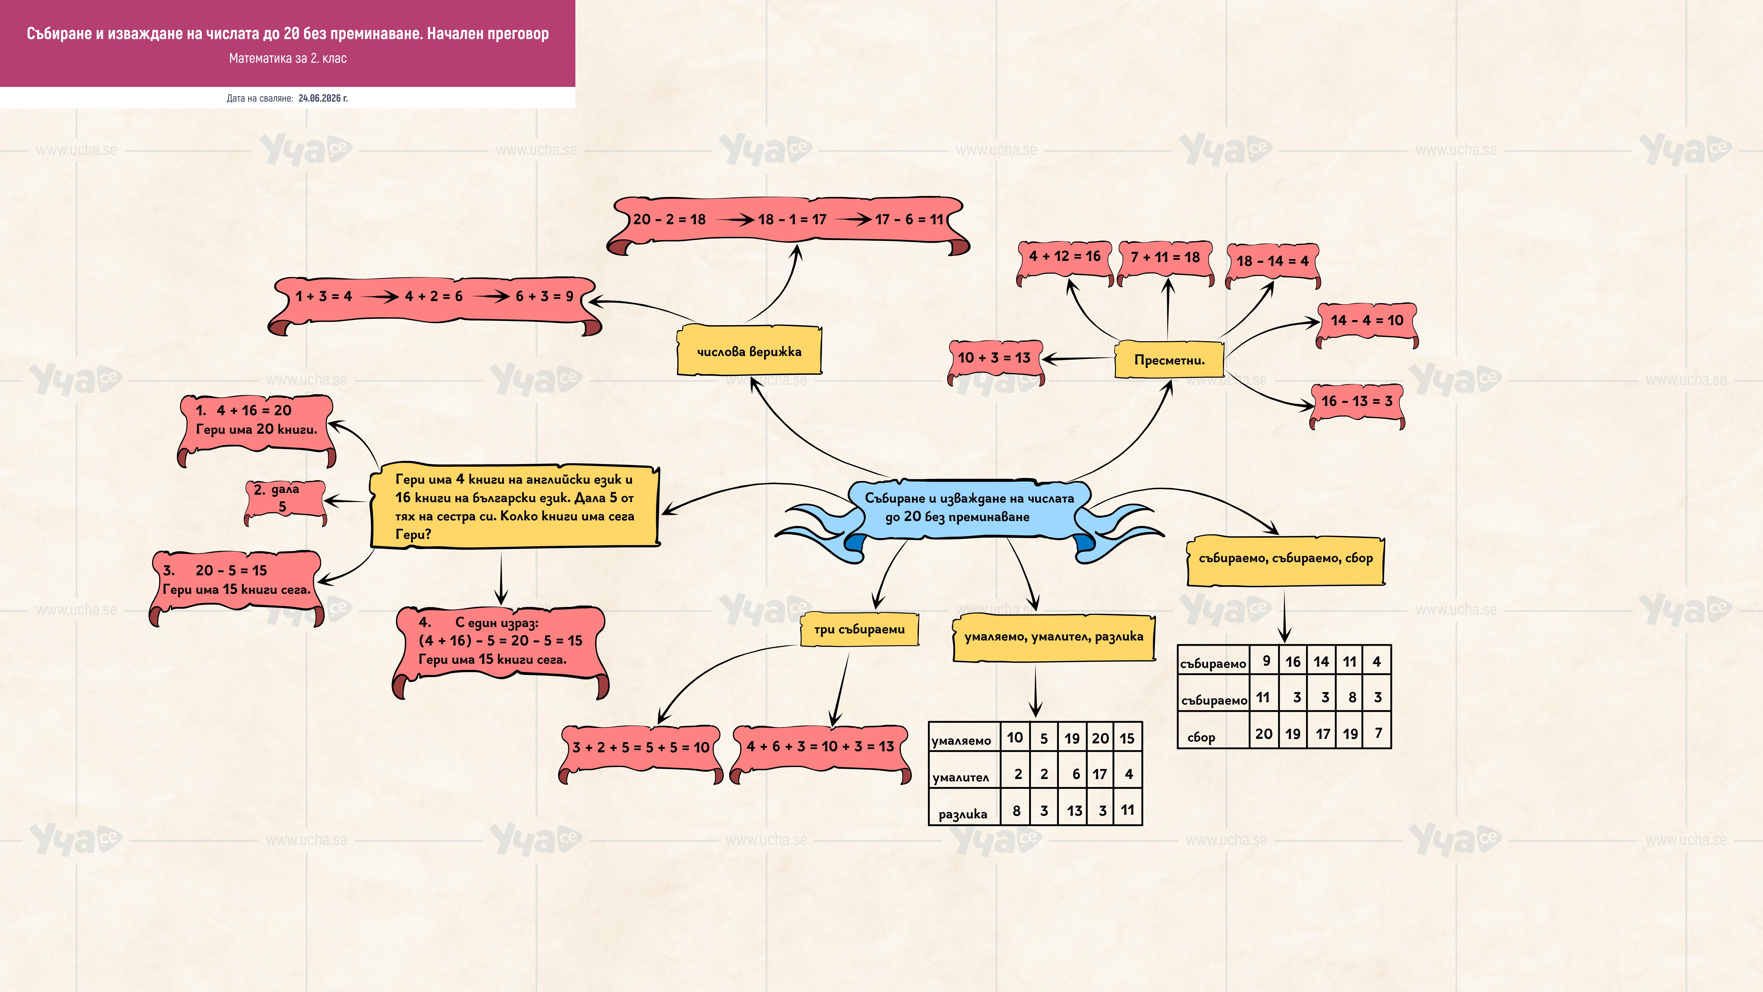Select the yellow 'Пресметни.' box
click(x=1169, y=359)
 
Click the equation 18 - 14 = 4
click(x=1272, y=261)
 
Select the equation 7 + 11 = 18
click(x=1165, y=257)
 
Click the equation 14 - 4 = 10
click(x=1367, y=320)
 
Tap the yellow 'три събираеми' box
click(x=860, y=629)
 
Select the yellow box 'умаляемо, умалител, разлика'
click(x=1054, y=637)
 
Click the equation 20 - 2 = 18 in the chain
click(x=669, y=220)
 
